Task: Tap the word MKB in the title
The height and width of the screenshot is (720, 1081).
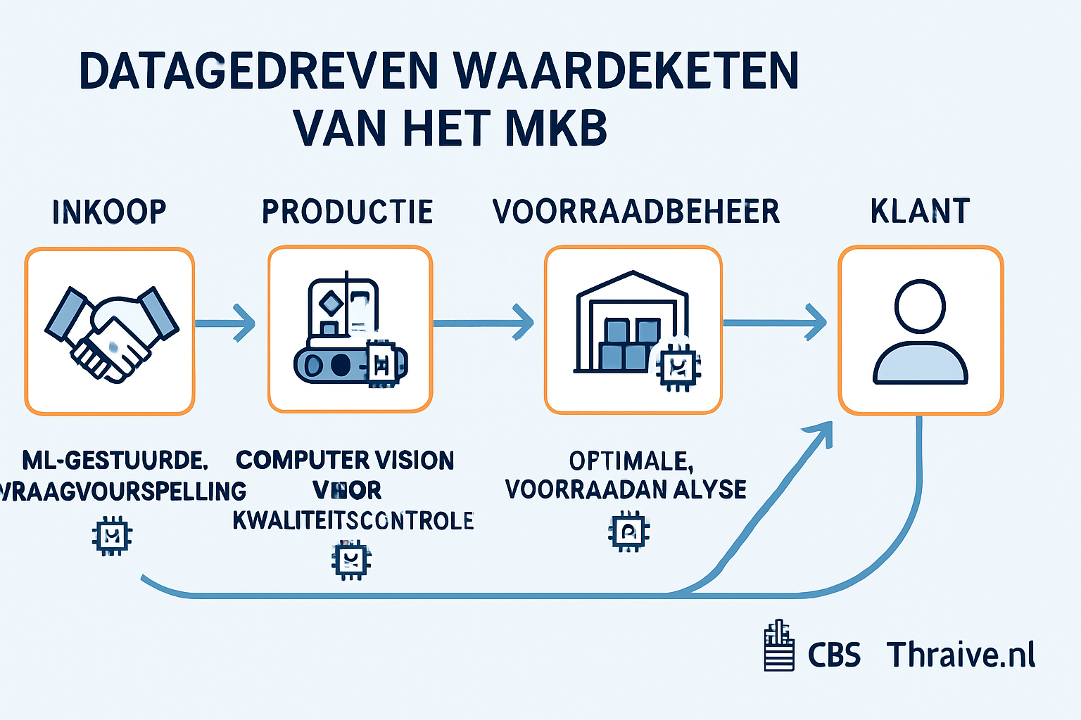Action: (x=556, y=128)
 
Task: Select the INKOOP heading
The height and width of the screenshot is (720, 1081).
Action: (x=109, y=212)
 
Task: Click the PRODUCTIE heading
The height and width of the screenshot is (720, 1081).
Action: (x=348, y=212)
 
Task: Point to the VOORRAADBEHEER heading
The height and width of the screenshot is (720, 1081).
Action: (x=636, y=212)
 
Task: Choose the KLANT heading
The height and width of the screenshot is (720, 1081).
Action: (x=920, y=212)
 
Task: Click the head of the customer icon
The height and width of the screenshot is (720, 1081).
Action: (x=920, y=307)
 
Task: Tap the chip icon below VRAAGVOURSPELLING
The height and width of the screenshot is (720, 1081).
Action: (x=112, y=536)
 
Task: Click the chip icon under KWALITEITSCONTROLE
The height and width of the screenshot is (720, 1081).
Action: (x=351, y=560)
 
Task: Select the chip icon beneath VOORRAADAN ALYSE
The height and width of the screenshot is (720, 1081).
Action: (x=628, y=532)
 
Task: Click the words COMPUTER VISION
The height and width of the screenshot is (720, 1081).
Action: (x=345, y=461)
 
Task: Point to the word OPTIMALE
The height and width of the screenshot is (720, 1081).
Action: (x=631, y=461)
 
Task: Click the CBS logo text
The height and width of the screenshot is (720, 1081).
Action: (x=834, y=655)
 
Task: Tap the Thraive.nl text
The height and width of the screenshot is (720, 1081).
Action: (x=961, y=655)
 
